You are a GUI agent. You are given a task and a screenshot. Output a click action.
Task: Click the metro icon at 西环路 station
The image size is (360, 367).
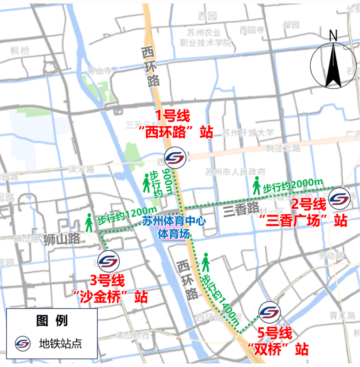tap(175, 158)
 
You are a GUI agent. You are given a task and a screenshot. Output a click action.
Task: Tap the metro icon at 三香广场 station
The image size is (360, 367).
tap(339, 198)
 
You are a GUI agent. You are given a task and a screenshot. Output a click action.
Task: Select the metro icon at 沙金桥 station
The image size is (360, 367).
tap(109, 261)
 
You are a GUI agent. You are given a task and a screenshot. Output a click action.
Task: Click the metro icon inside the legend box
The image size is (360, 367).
tap(23, 344)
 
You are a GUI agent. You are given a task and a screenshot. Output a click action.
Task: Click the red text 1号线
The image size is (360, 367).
tap(173, 116)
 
